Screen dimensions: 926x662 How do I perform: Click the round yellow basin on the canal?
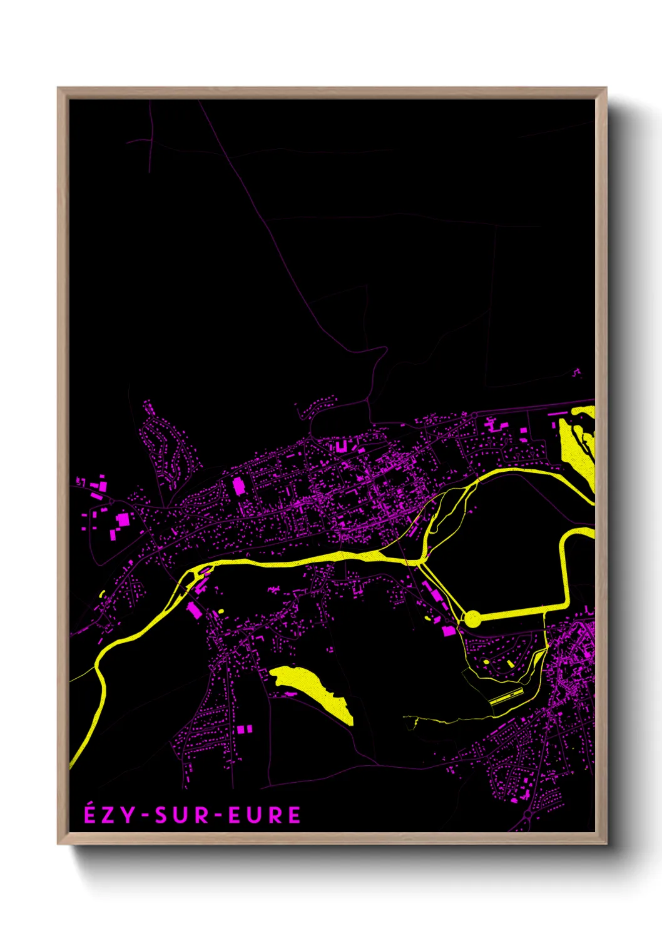[472, 619]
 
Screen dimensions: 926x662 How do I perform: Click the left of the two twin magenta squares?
[240, 730]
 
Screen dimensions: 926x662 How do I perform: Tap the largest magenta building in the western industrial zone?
[123, 519]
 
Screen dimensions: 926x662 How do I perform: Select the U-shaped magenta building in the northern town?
[341, 446]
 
